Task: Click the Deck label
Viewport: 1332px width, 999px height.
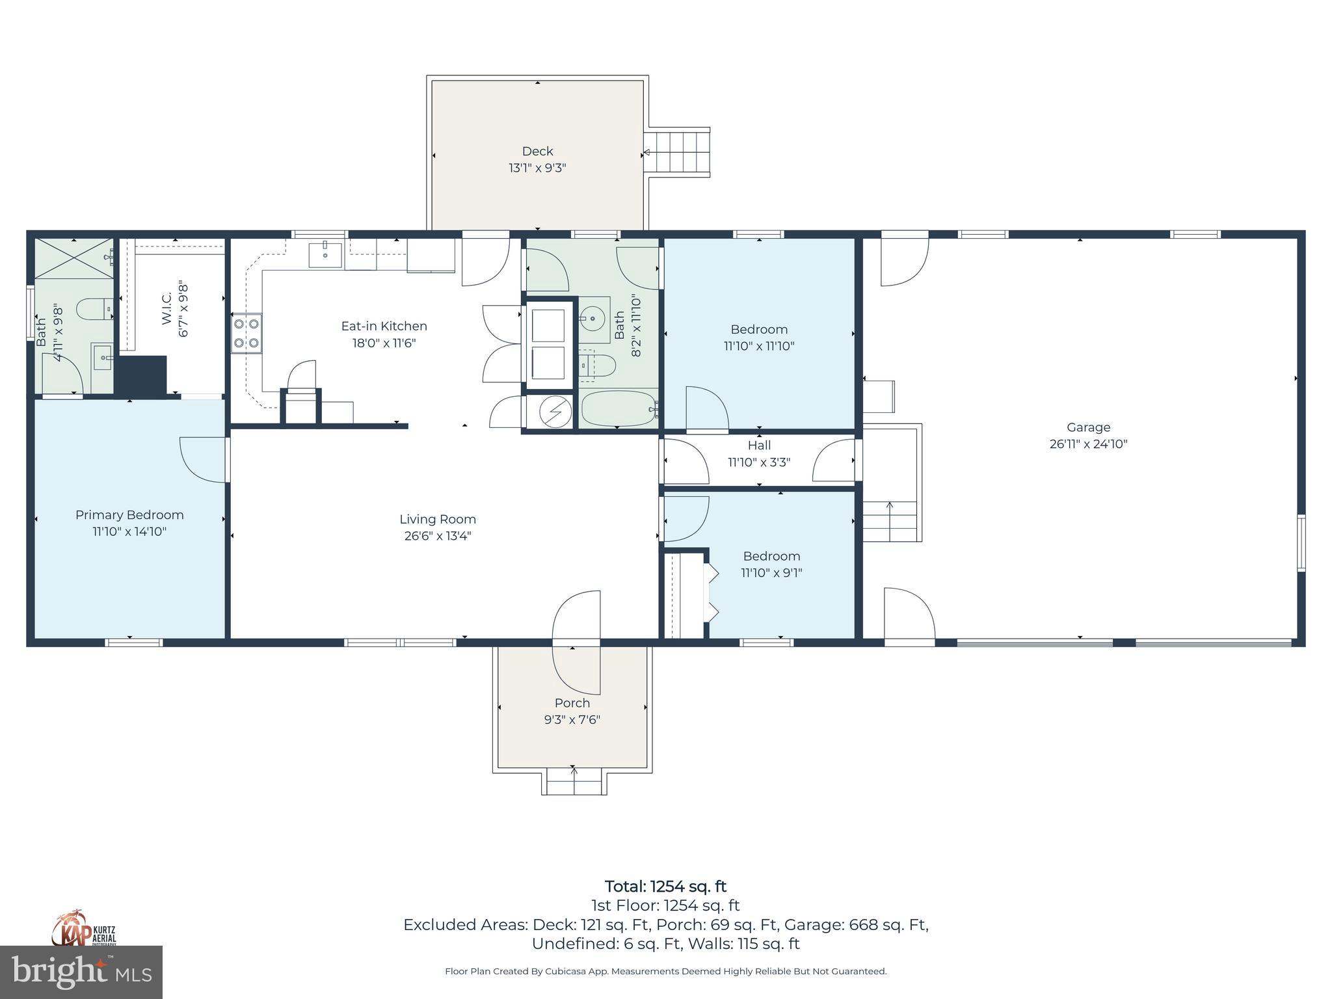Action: tap(537, 151)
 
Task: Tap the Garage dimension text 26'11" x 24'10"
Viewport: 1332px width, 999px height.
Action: tap(1088, 444)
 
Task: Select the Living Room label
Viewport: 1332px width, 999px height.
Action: tap(438, 519)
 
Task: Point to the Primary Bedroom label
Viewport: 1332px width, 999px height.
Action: tap(129, 515)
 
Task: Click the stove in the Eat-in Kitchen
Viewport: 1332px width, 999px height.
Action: tap(246, 334)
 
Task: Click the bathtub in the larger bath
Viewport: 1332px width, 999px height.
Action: tap(619, 409)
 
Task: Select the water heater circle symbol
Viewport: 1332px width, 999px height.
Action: tap(556, 412)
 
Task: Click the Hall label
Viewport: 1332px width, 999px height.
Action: tap(759, 446)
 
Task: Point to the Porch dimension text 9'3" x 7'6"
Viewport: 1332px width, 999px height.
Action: tap(572, 720)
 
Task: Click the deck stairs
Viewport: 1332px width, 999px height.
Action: tap(680, 152)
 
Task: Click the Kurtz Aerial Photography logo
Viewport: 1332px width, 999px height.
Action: tap(84, 928)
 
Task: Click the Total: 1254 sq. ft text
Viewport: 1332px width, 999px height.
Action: tap(665, 886)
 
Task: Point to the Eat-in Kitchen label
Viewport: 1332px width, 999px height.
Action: tap(384, 326)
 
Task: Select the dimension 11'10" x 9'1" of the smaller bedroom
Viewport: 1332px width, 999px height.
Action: tap(771, 573)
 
